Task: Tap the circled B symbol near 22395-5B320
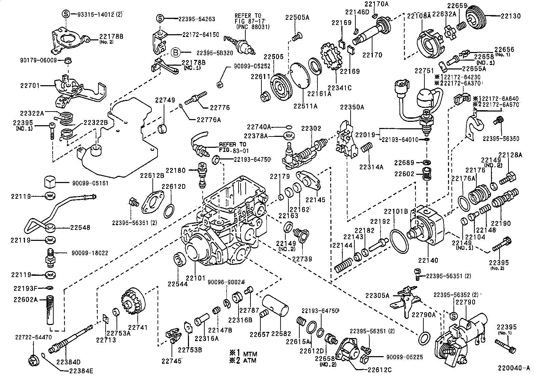coord(175,52)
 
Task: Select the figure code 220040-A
coord(514,368)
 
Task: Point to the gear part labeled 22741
coord(133,302)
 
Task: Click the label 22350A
coord(352,107)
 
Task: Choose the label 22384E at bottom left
coord(81,370)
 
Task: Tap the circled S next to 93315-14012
coord(65,14)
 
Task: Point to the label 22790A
coord(423,315)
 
